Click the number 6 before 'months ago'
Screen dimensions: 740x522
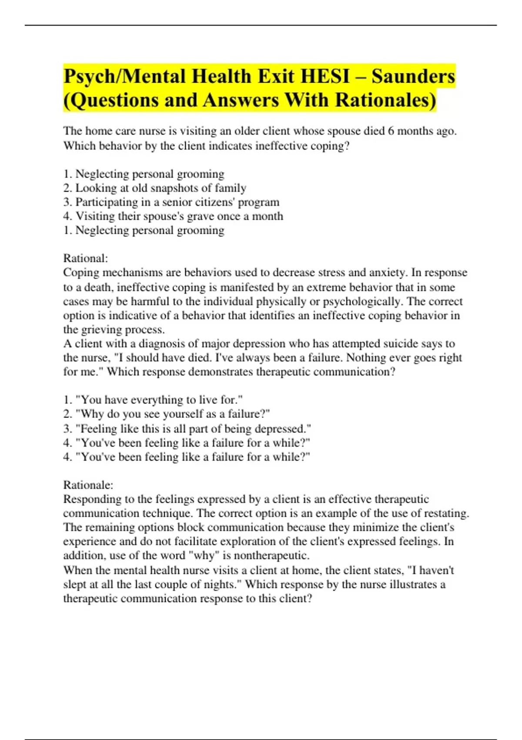(391, 131)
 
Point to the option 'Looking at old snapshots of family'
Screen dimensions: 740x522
(155, 188)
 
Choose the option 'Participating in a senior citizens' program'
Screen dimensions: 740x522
(171, 202)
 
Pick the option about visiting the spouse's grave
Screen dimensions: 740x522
(173, 216)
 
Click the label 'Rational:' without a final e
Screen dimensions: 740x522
(85, 259)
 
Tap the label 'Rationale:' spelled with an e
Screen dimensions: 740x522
(88, 485)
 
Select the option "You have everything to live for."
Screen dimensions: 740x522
(153, 400)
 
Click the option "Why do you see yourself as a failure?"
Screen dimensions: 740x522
(167, 414)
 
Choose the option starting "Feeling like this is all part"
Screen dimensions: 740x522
(187, 429)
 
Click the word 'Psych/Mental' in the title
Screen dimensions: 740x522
(124, 77)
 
